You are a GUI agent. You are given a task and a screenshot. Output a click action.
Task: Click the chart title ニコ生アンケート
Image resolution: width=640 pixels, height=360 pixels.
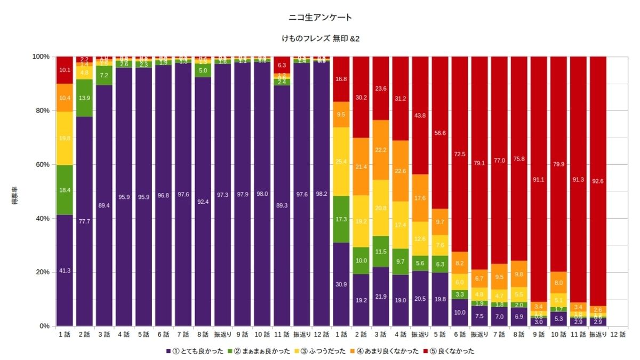tap(319, 18)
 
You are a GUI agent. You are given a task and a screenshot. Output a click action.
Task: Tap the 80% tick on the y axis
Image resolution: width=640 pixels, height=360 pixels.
tap(41, 110)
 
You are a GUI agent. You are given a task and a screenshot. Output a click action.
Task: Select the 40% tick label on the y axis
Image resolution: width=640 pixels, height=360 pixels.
tap(41, 218)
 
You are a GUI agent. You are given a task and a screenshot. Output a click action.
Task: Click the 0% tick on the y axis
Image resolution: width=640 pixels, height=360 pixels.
tap(43, 326)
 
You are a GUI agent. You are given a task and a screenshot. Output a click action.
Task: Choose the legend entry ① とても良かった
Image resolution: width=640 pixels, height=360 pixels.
tap(195, 351)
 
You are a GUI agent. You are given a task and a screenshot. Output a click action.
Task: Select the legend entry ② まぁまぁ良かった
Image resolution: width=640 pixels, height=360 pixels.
tap(257, 351)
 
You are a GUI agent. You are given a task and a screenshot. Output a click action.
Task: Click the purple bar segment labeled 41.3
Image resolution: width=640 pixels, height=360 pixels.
tap(65, 270)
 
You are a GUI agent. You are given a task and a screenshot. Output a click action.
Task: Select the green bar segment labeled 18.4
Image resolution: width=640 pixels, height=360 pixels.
tap(65, 190)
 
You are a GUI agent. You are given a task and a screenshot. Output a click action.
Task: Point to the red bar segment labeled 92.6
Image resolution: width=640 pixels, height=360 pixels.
tap(598, 181)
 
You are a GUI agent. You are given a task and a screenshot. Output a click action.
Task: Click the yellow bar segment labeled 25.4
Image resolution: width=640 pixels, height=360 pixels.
tap(341, 162)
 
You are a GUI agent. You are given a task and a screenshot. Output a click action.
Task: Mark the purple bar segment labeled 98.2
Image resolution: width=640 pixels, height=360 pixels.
tap(322, 194)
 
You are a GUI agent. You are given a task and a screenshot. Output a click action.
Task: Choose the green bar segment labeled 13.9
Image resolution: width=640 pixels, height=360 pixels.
tap(84, 98)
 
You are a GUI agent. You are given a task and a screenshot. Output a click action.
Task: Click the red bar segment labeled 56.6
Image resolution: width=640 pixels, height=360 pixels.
tap(440, 133)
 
